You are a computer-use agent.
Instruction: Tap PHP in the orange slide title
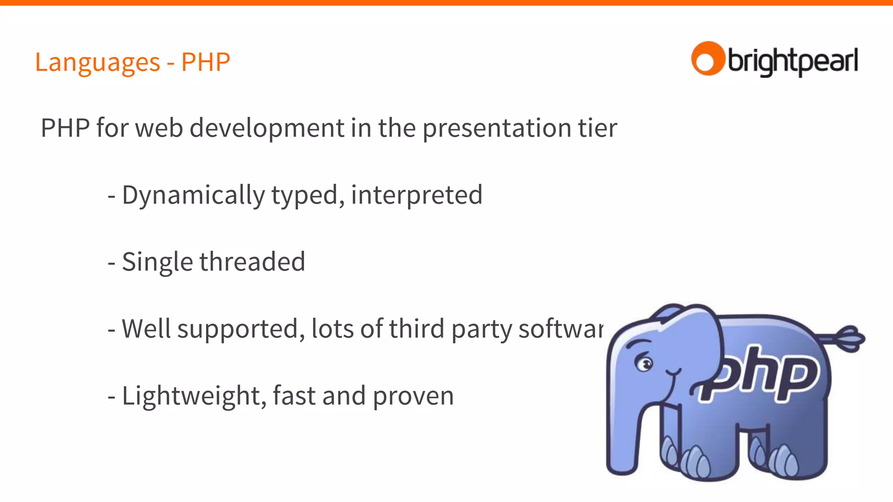pos(205,62)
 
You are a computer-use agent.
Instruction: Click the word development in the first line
pos(267,128)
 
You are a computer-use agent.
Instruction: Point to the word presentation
pos(497,129)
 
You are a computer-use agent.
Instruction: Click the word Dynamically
pos(193,195)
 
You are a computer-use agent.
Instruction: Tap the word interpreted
pos(416,195)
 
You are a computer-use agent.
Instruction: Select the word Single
pos(157,262)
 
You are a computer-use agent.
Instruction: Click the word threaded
pos(252,262)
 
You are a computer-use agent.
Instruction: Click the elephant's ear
pos(693,344)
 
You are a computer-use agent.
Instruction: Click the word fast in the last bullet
pos(294,396)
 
